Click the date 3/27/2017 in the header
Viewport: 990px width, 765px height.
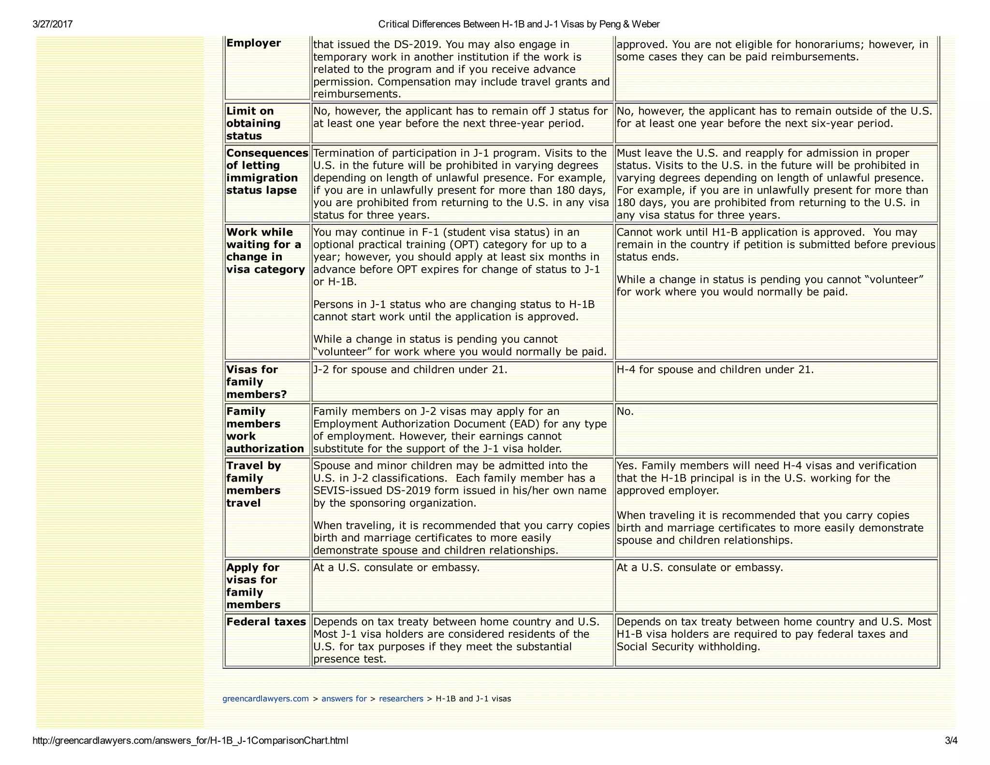point(52,24)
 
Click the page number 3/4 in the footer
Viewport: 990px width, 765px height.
point(951,740)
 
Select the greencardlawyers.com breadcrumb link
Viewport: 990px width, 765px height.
point(265,699)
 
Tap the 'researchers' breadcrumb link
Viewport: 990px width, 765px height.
point(401,699)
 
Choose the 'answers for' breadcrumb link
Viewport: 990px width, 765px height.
point(344,699)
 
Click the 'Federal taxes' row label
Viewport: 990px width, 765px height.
point(266,622)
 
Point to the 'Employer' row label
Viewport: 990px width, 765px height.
point(253,43)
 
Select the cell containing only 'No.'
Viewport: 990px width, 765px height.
point(625,412)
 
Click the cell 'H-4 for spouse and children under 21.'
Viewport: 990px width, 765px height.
point(715,370)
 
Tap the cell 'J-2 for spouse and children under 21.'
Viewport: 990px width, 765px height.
point(410,370)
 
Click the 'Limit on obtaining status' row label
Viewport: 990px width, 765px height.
point(253,123)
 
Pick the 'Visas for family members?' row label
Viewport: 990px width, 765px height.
point(256,382)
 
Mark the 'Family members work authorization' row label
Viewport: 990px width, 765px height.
point(265,430)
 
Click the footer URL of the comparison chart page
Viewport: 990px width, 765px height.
point(190,740)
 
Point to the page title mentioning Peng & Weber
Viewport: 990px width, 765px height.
point(519,24)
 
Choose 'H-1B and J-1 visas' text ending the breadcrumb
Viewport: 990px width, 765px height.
point(473,699)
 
